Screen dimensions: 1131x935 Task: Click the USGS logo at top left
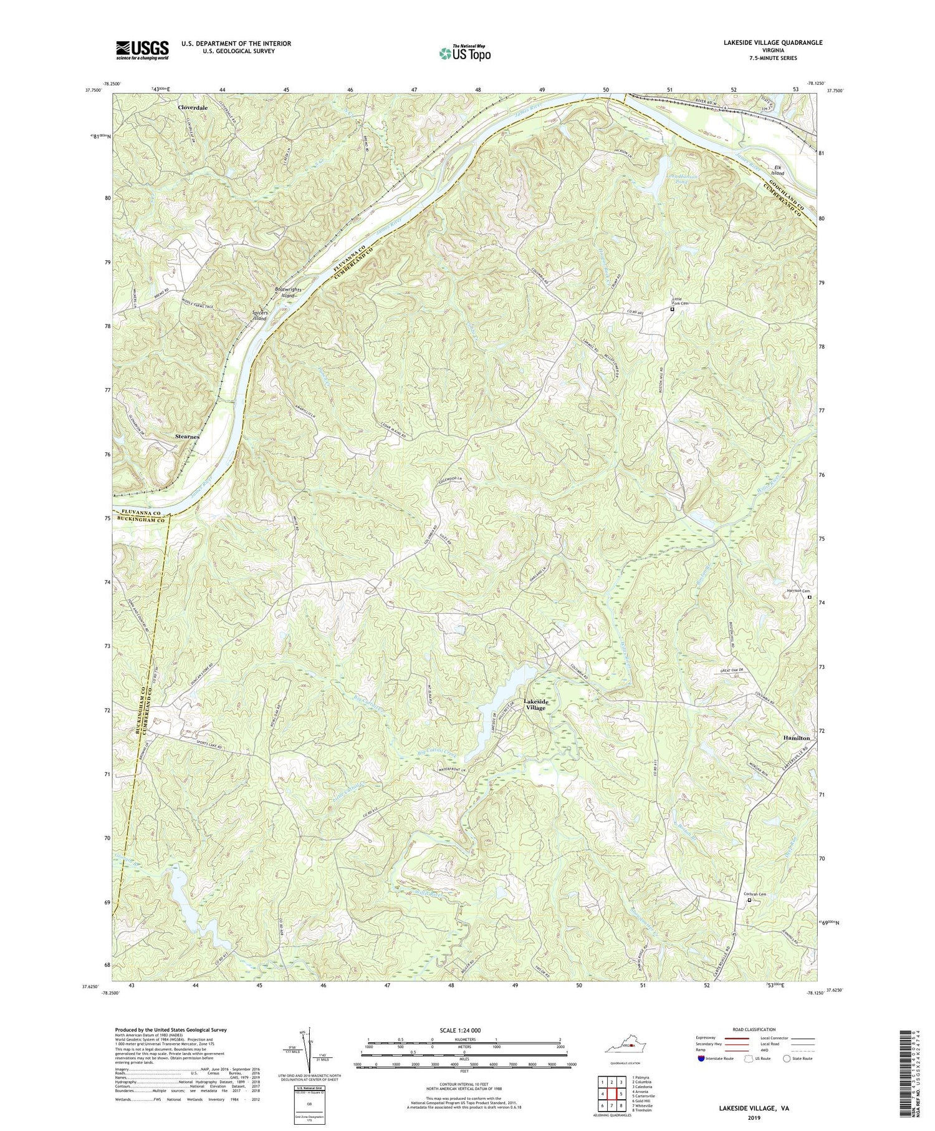pos(141,50)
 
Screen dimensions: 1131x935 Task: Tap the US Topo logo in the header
pos(464,54)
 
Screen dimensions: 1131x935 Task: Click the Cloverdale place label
pos(193,107)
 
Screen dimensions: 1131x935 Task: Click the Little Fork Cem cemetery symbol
pos(672,309)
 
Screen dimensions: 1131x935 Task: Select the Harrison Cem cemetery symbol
pos(810,597)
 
